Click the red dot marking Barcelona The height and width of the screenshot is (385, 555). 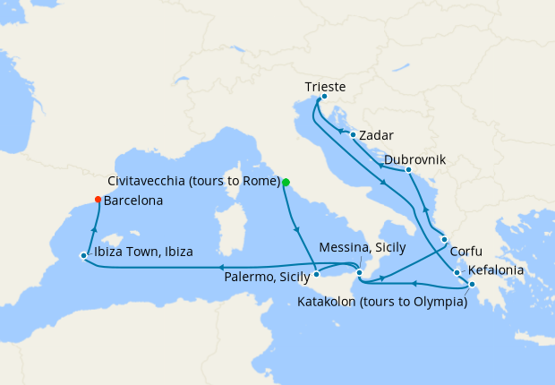coord(98,200)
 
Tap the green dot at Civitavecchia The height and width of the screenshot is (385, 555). coord(286,182)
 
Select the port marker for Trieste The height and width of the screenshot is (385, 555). coord(323,97)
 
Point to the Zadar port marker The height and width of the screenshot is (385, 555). coord(354,135)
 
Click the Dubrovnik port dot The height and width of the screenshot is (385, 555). coord(408,170)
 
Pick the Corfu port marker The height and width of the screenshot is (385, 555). coord(444,239)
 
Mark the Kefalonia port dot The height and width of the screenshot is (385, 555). coord(457,272)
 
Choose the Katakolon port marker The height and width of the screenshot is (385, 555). coord(472,286)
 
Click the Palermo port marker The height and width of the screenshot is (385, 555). coord(317,275)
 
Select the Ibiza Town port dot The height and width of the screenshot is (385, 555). coord(83,256)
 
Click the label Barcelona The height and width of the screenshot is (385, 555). coord(133,201)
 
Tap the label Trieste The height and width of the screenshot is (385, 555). coord(325,87)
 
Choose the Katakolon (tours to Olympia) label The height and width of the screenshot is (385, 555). coord(382,302)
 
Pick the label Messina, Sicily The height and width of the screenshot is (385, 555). coord(363,246)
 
